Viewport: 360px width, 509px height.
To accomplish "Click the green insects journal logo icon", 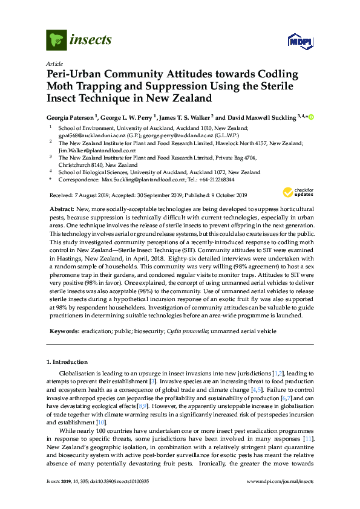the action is (56, 40).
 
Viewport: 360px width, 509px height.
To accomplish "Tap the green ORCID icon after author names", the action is (312, 116).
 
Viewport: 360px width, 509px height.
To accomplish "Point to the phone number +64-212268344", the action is (214, 180).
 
